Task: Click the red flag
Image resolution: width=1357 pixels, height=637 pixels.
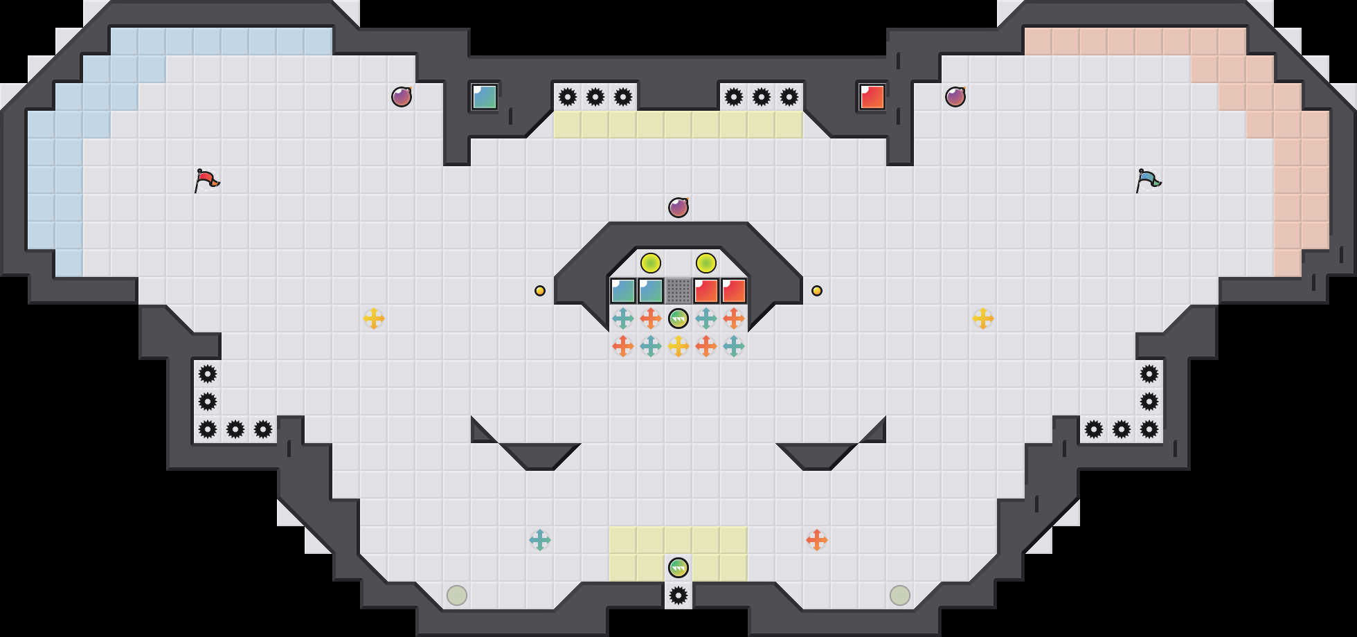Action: [206, 180]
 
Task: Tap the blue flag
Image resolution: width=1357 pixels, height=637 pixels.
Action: [1148, 180]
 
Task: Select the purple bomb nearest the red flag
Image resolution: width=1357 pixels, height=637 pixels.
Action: [402, 97]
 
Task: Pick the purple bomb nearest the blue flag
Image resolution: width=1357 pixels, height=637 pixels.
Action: [955, 97]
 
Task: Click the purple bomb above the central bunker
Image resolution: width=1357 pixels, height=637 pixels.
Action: [678, 208]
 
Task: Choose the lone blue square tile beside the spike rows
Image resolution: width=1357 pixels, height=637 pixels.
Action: [485, 97]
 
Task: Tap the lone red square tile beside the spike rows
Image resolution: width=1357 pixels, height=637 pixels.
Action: [872, 97]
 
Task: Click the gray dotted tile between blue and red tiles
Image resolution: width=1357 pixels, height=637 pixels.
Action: [678, 291]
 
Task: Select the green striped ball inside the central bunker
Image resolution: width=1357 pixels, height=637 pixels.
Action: [678, 318]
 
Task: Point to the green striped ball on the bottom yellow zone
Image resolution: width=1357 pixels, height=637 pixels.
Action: [678, 568]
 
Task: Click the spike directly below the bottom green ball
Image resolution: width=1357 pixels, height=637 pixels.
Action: [678, 595]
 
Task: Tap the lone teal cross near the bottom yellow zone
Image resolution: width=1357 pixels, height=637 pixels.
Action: [540, 540]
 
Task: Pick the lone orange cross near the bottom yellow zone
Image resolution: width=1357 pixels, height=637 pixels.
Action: [817, 540]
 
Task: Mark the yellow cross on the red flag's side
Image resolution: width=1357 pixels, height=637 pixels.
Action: [374, 318]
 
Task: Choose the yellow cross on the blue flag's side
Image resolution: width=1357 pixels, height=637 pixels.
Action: [983, 318]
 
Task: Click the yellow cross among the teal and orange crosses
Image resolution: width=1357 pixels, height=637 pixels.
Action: [678, 346]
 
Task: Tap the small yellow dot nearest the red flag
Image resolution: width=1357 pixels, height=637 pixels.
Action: [540, 291]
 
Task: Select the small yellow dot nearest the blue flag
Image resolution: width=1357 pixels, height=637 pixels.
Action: [817, 291]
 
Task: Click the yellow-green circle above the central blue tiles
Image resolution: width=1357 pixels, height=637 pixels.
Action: [651, 263]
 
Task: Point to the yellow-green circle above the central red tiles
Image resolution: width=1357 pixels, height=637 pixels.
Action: [706, 263]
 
